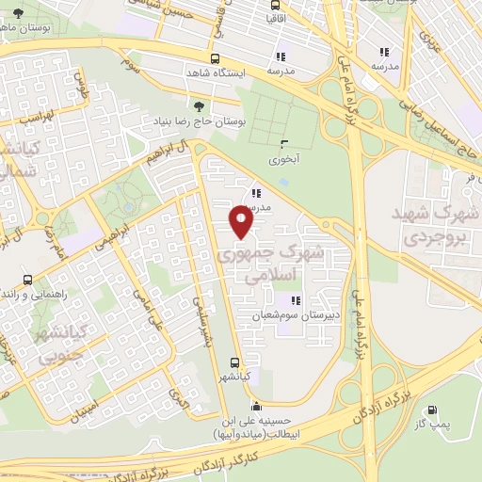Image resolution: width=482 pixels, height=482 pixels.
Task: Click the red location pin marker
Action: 242,221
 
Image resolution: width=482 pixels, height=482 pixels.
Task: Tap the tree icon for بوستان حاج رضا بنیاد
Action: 197,106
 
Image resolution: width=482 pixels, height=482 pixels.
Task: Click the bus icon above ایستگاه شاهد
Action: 217,57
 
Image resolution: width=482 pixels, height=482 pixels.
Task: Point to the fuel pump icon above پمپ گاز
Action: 432,410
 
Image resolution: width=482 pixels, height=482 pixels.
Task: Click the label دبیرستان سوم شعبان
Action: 281,315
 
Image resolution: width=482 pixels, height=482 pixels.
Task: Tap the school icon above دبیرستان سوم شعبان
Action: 281,300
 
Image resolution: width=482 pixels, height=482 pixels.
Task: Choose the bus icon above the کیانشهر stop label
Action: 234,361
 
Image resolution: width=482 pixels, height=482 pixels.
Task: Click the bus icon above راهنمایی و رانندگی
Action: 27,280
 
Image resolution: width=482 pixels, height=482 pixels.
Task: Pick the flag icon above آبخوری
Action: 284,143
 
